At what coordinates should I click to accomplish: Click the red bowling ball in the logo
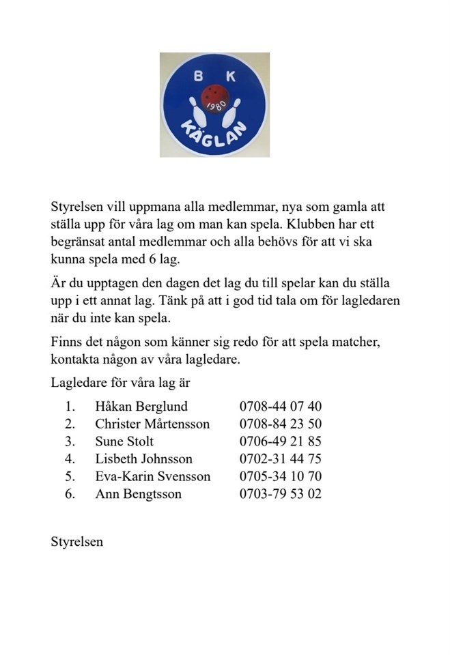[x=215, y=98]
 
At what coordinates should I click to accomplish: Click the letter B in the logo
[x=198, y=77]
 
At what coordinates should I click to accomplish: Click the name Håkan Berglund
[x=141, y=407]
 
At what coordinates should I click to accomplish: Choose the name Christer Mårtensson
[x=152, y=424]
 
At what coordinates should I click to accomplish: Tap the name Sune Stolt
[x=124, y=441]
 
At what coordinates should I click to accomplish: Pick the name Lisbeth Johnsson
[x=143, y=458]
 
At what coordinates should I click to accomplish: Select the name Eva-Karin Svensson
[x=152, y=476]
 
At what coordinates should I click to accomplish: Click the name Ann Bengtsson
[x=138, y=493]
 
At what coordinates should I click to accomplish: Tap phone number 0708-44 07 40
[x=280, y=407]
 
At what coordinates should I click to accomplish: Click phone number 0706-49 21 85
[x=280, y=441]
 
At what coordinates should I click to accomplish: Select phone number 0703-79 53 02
[x=280, y=493]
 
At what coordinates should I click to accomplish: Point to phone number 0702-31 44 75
[x=280, y=458]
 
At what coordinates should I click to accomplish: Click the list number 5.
[x=70, y=476]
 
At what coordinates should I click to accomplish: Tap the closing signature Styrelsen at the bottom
[x=76, y=542]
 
